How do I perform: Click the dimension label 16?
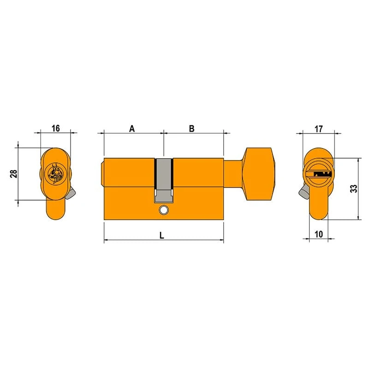(56, 128)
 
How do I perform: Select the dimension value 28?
(14, 174)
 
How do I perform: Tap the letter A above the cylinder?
(132, 129)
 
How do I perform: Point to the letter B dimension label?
(192, 129)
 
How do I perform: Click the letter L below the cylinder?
(162, 235)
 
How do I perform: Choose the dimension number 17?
(319, 129)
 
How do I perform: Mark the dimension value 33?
(353, 189)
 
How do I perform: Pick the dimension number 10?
(319, 234)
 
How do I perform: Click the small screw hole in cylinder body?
(163, 210)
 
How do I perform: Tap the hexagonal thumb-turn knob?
(259, 174)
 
